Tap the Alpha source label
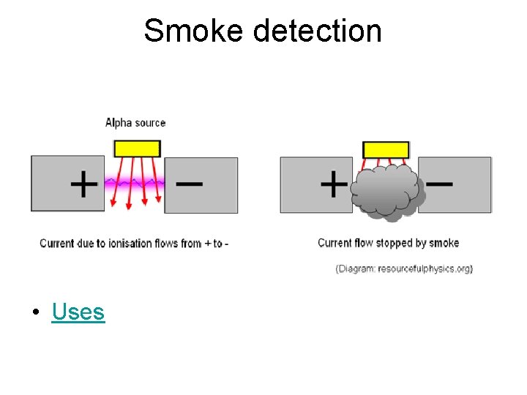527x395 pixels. tap(135, 123)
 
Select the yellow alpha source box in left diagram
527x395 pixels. tap(137, 148)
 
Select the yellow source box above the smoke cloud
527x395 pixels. tap(386, 149)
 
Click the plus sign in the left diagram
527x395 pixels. tap(84, 184)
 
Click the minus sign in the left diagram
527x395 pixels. tap(190, 183)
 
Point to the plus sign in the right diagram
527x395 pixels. tap(334, 184)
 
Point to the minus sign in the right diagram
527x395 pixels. tap(440, 183)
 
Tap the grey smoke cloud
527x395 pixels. tap(386, 192)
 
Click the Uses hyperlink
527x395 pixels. tap(78, 312)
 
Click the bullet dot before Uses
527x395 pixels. tap(35, 313)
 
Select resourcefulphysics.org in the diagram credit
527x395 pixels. tap(425, 268)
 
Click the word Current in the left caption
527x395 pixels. tap(56, 243)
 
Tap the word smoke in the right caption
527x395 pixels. tap(444, 243)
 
